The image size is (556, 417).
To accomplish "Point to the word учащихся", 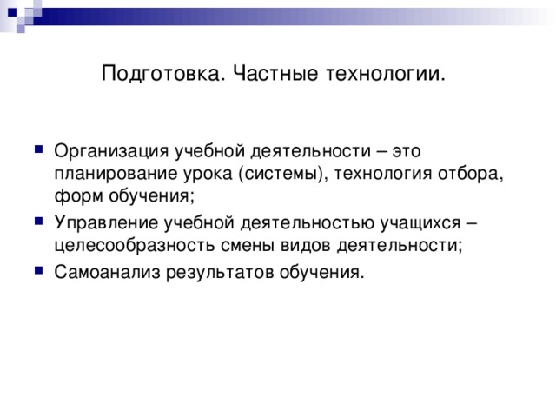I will coord(432,222).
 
